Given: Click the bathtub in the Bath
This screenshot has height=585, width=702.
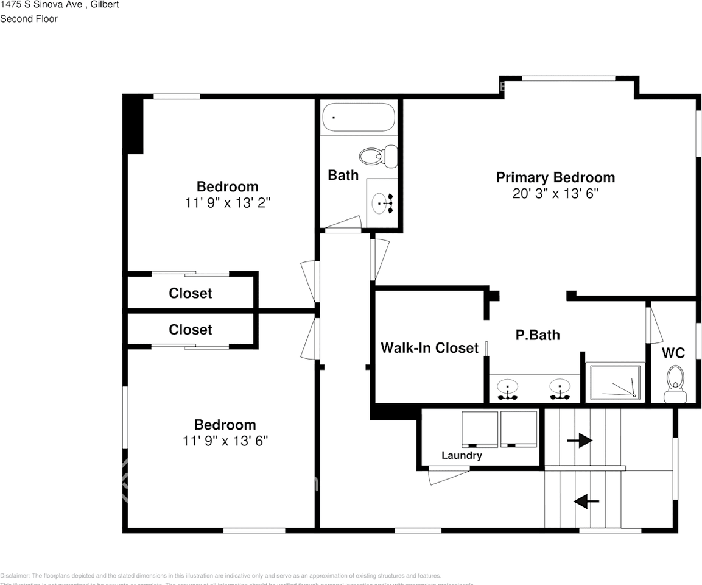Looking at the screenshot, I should pyautogui.click(x=359, y=117).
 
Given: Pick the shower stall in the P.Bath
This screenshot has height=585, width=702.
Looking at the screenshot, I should pyautogui.click(x=614, y=383).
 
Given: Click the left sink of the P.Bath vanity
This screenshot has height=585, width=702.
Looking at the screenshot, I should pyautogui.click(x=507, y=388).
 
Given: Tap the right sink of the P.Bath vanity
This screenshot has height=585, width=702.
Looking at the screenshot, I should pyautogui.click(x=559, y=388).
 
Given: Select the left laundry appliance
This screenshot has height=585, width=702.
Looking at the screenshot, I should pyautogui.click(x=480, y=428).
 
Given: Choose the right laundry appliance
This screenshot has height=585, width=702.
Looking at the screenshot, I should pyautogui.click(x=519, y=428).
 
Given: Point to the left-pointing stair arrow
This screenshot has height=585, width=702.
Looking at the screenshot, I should pyautogui.click(x=587, y=501).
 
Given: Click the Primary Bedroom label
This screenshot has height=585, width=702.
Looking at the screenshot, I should pyautogui.click(x=555, y=177).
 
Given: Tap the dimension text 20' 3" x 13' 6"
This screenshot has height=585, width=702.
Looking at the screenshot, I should pyautogui.click(x=555, y=194).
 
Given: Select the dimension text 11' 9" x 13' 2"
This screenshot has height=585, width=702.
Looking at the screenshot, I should pyautogui.click(x=227, y=203).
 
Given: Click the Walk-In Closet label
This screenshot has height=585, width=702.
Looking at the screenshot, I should pyautogui.click(x=429, y=348).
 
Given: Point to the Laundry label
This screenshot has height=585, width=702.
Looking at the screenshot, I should pyautogui.click(x=462, y=455).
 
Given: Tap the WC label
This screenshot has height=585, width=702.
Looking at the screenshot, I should pyautogui.click(x=673, y=353).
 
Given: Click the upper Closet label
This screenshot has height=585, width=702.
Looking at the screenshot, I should pyautogui.click(x=191, y=293).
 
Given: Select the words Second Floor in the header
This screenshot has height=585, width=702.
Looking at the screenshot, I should pyautogui.click(x=29, y=19).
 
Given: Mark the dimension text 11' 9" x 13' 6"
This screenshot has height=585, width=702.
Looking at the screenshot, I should pyautogui.click(x=225, y=441).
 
